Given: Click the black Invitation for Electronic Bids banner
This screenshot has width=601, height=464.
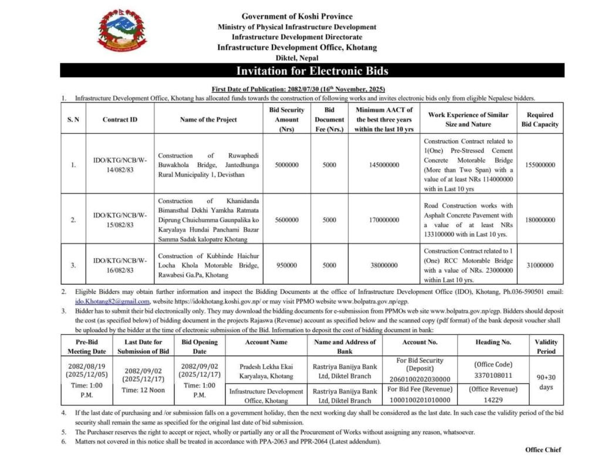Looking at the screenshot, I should (312, 71).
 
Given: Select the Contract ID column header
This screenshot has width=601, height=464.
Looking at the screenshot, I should (120, 120).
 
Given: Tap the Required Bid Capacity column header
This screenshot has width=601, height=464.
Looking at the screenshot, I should (539, 120).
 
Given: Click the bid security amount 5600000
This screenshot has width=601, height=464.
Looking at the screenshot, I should (286, 220).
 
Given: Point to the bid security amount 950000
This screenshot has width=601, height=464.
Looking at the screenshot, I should (286, 265).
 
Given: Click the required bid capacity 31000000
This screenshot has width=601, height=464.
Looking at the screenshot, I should (539, 265).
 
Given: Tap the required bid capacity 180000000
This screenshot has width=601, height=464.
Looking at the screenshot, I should (539, 220).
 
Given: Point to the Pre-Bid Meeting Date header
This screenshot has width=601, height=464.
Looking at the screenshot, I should (91, 346).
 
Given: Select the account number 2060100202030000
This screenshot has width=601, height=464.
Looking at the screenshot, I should (420, 379).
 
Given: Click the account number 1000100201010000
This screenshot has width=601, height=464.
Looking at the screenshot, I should (420, 400).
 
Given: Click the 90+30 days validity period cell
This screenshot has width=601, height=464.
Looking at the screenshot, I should (546, 382).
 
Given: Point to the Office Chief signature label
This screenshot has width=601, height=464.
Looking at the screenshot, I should (543, 450).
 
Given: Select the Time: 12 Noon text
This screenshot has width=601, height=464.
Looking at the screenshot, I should (144, 390).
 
